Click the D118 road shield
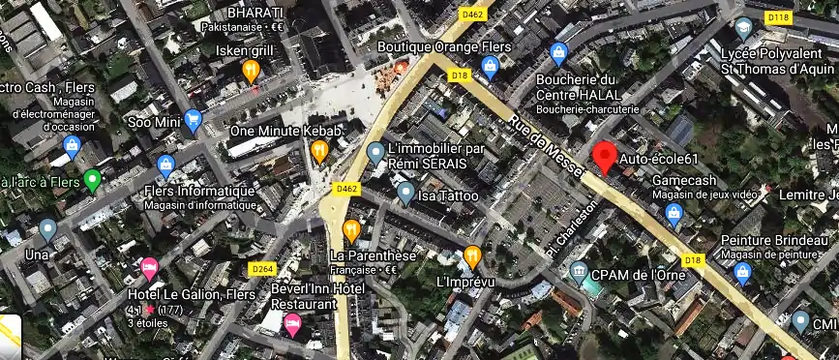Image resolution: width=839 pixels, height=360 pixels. click(777, 17)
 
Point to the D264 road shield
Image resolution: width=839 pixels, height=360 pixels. click(262, 268)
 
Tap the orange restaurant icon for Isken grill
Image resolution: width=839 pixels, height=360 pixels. click(252, 70)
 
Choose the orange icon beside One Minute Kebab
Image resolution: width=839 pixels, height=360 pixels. click(319, 150)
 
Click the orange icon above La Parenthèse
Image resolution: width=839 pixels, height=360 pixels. click(351, 230)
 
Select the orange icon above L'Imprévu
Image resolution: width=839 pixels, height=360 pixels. click(472, 256)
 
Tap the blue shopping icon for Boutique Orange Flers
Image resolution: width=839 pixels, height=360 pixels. click(490, 66)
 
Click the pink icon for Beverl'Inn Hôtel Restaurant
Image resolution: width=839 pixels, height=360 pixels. click(292, 326)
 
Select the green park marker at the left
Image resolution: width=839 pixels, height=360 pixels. click(93, 180)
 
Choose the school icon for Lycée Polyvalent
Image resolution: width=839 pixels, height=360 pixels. click(743, 28)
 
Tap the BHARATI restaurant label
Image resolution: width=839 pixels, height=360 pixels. click(255, 13)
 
